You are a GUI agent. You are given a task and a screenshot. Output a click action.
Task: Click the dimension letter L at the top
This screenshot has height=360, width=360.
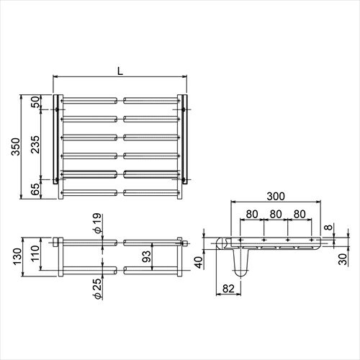(x=120, y=71)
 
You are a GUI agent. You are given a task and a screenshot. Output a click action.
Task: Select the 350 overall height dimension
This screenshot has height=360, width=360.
(x=16, y=147)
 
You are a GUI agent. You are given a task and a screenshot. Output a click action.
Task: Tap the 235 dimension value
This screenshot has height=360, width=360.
(x=35, y=145)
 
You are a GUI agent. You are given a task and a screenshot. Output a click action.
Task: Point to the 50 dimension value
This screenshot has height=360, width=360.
(x=35, y=102)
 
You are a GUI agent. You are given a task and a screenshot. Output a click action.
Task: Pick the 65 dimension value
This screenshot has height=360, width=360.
(x=35, y=189)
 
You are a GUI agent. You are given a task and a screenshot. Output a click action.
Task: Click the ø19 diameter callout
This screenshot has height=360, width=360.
(x=98, y=223)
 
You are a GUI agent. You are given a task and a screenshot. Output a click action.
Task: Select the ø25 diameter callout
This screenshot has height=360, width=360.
(x=98, y=289)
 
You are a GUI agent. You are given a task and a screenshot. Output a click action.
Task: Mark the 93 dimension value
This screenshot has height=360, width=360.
(x=146, y=256)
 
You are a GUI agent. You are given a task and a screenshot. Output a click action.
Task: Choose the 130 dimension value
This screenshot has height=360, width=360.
(x=17, y=256)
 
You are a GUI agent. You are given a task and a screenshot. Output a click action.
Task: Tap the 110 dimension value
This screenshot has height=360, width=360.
(x=35, y=253)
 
